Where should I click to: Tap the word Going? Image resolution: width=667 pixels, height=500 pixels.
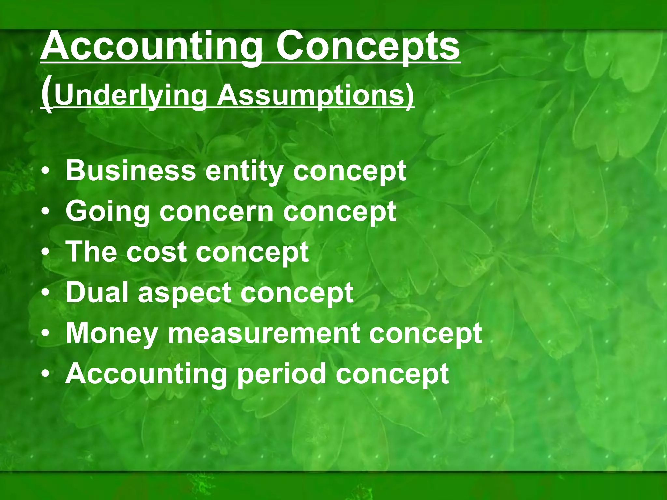coord(107,212)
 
